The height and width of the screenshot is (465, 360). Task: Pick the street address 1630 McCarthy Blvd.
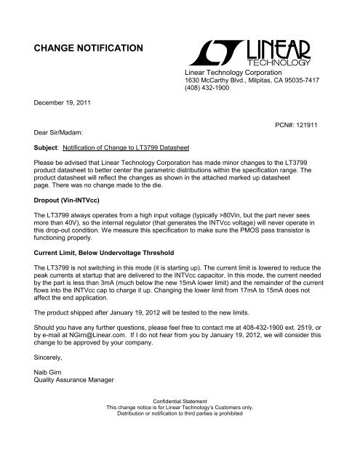click(225, 84)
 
